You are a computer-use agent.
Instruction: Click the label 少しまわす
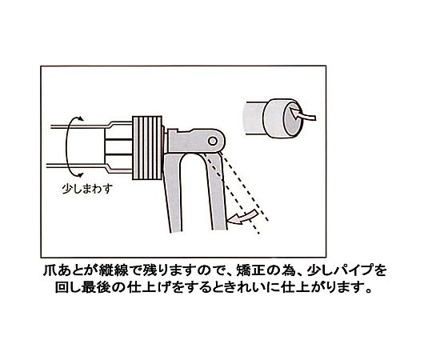(87, 189)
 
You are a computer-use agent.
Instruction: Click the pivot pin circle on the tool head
(213, 142)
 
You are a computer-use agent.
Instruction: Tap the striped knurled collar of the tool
(147, 148)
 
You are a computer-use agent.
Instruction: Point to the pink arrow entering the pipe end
(302, 114)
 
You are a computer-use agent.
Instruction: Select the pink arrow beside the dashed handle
(243, 217)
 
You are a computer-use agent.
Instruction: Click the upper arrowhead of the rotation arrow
(80, 118)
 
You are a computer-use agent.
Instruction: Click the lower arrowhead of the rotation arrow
(80, 174)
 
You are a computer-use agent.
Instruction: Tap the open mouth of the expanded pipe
(293, 118)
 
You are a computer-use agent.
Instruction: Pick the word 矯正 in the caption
(248, 270)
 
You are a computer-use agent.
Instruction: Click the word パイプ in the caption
(353, 270)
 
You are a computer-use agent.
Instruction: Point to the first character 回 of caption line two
(62, 288)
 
